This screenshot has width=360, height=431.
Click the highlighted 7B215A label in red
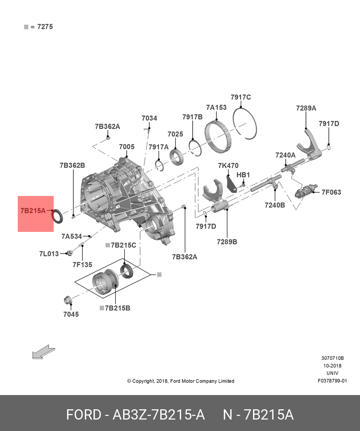[x=33, y=211]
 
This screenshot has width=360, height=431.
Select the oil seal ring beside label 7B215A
[x=58, y=216]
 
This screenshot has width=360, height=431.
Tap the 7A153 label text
[x=216, y=107]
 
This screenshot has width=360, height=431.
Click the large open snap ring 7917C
[x=245, y=122]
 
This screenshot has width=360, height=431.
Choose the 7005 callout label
[x=127, y=147]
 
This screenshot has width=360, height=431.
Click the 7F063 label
[x=331, y=192]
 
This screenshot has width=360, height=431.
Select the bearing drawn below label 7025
[x=176, y=156]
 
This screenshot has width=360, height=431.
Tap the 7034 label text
[x=149, y=118]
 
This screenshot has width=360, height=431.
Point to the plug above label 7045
[x=68, y=300]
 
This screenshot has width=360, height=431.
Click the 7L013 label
[x=49, y=254]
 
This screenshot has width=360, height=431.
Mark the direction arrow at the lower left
[x=43, y=352]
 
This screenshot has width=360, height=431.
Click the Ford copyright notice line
[x=180, y=381]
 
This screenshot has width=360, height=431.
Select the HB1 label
[x=243, y=175]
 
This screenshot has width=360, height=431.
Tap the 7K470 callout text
[x=228, y=166]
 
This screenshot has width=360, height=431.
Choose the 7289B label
[x=227, y=241]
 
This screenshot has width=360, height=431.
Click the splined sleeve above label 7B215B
[x=105, y=282]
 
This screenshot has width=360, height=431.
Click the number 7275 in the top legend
[x=45, y=27]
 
